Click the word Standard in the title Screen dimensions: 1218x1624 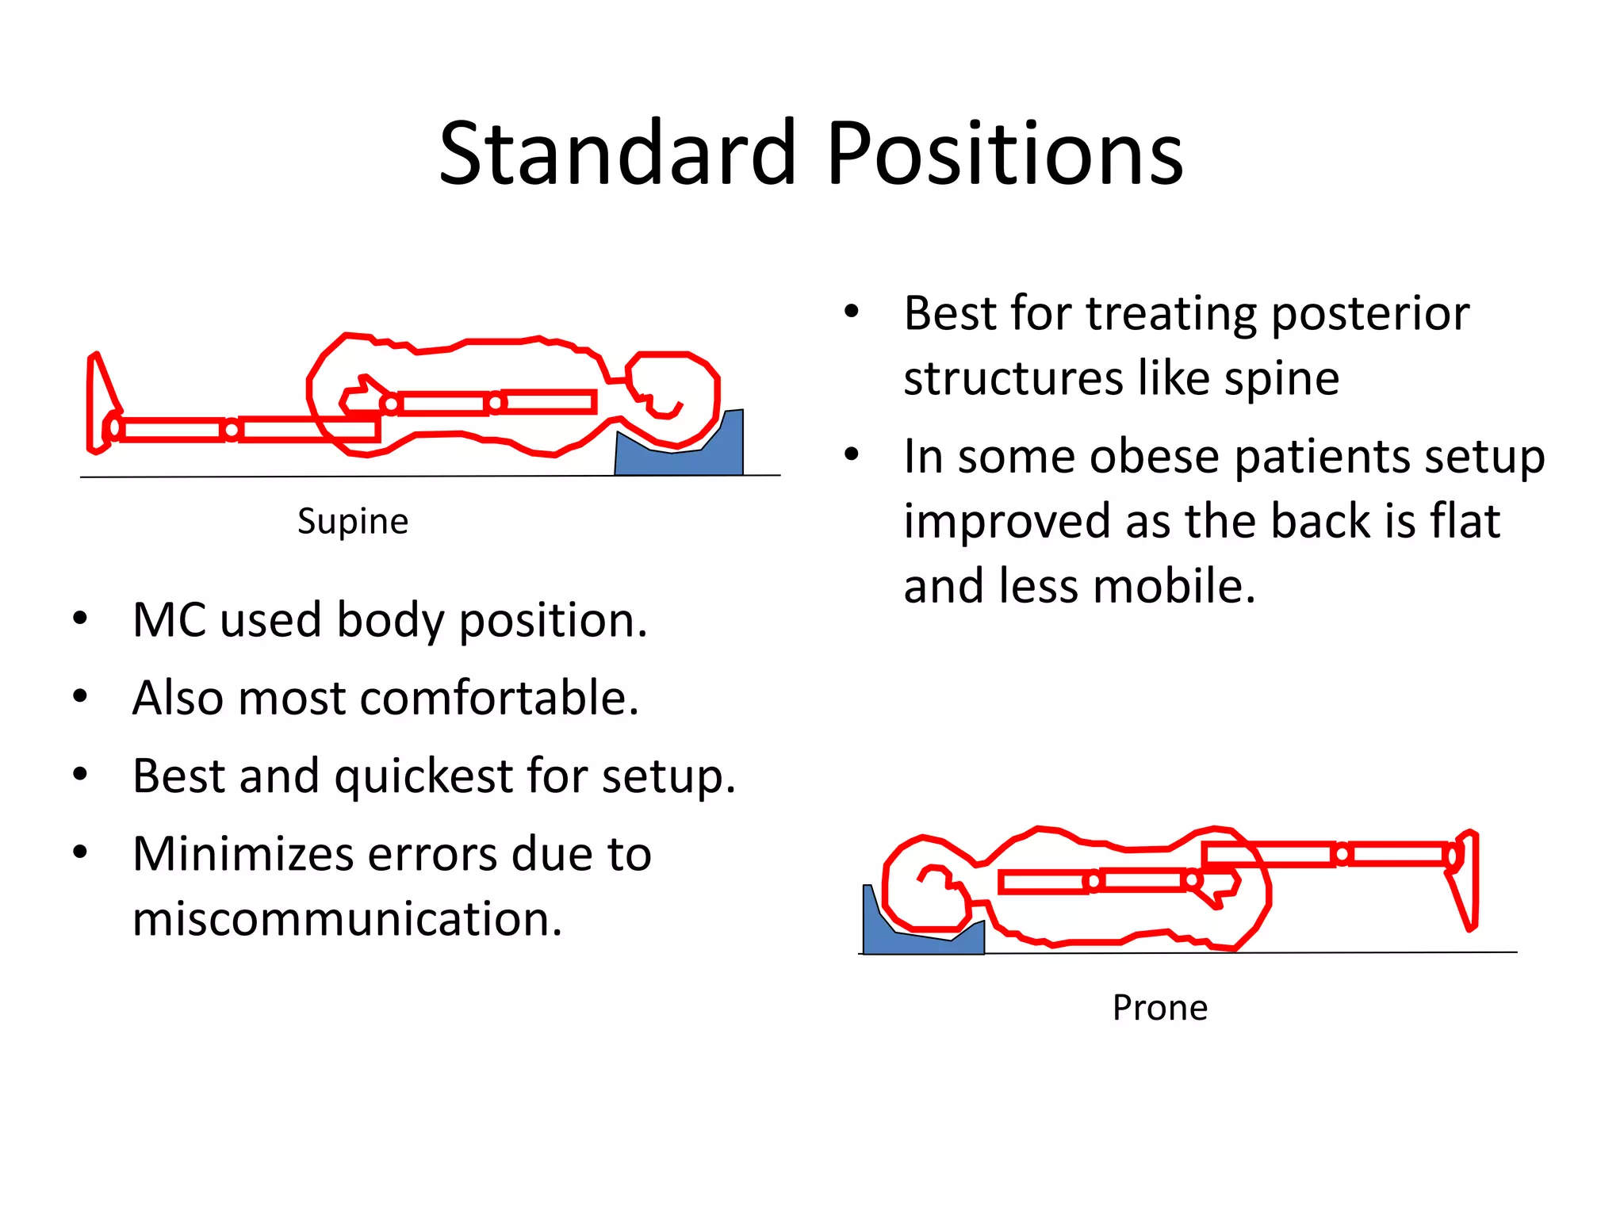point(617,152)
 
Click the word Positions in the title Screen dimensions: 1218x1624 point(1005,152)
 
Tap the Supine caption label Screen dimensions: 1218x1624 point(353,522)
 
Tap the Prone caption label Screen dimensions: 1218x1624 point(1159,1008)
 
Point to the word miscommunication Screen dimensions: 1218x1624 point(347,919)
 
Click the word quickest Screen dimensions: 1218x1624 point(423,776)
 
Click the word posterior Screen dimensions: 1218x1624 point(1370,313)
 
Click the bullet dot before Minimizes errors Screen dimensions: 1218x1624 point(80,852)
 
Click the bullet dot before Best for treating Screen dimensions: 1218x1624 point(852,311)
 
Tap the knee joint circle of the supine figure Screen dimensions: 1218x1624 point(232,430)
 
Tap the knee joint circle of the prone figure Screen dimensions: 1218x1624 point(1342,855)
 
